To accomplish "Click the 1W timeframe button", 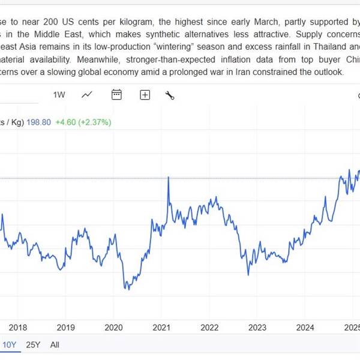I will click(x=59, y=95).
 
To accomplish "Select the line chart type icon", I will click(x=88, y=95).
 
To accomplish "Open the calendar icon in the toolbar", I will click(x=116, y=95).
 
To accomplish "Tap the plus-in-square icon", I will click(x=145, y=95).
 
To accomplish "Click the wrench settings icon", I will click(x=170, y=95).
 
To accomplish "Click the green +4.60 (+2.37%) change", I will click(x=83, y=122).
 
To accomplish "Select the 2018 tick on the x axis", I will click(x=18, y=327).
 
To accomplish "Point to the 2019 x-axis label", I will click(x=65, y=327).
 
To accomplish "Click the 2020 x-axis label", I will click(x=113, y=327).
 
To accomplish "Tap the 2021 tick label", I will click(x=161, y=327).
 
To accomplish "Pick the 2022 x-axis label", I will click(x=209, y=327).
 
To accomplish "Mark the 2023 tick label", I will click(x=257, y=327).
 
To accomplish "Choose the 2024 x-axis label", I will click(x=305, y=327).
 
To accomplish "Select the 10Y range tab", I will click(x=9, y=345).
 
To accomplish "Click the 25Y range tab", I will click(x=33, y=345).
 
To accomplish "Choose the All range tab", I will click(x=55, y=345).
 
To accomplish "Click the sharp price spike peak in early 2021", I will click(x=169, y=178).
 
